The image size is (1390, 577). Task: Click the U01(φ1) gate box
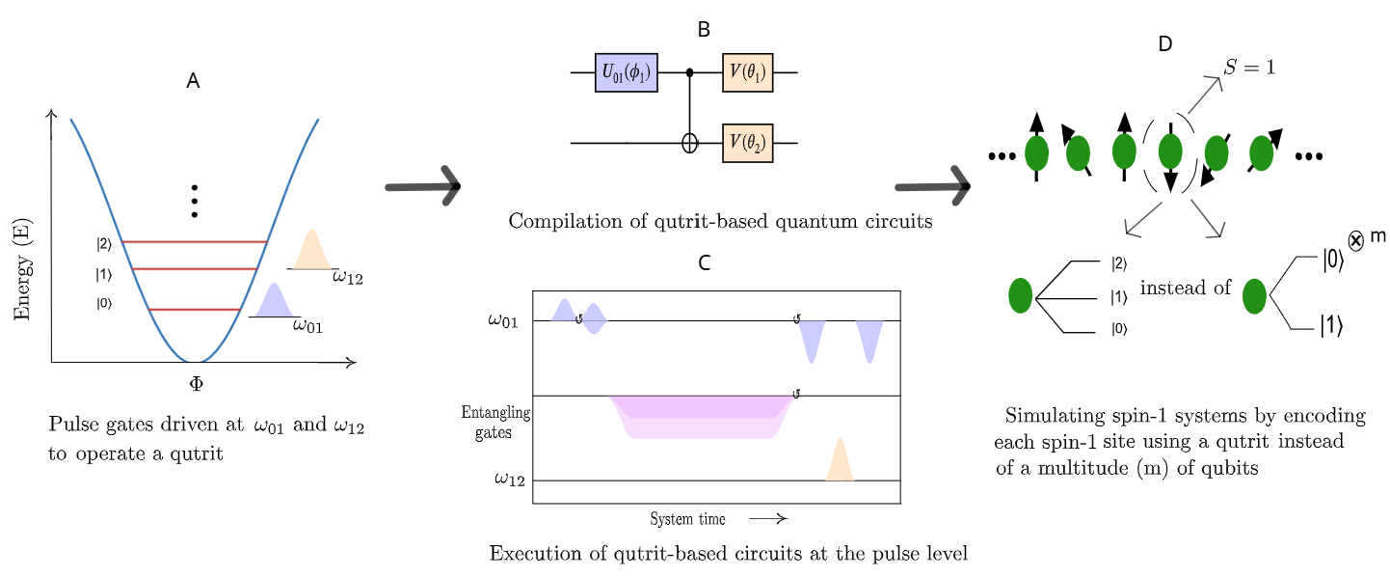626,72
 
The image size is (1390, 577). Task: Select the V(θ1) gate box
747,72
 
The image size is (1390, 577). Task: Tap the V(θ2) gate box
747,143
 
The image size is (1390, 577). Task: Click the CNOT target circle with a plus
689,143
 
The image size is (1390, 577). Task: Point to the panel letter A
193,82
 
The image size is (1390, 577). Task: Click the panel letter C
704,262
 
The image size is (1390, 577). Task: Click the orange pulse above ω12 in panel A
311,250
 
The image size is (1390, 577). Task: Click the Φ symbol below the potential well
196,383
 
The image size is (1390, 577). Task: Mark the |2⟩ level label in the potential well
103,244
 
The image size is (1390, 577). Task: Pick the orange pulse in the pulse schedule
840,460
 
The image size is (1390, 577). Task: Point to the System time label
687,519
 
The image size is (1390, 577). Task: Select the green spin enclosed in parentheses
1169,151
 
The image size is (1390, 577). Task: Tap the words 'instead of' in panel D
1185,288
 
